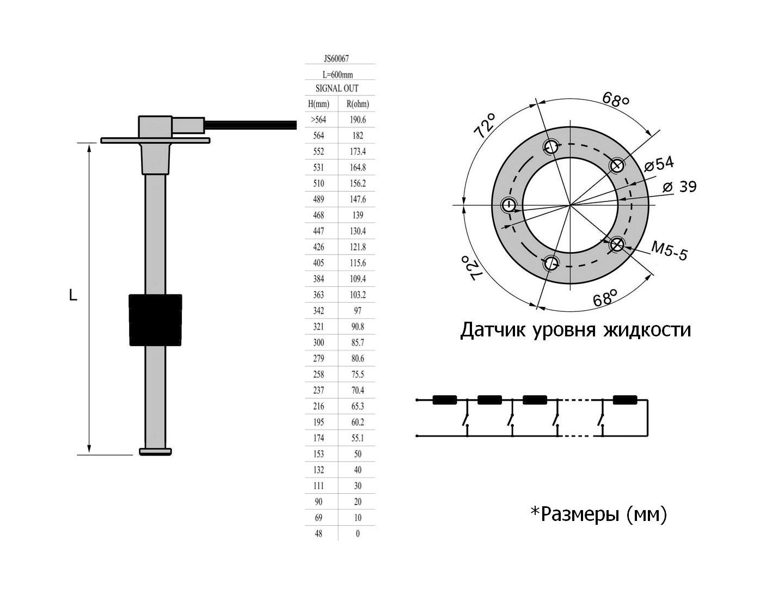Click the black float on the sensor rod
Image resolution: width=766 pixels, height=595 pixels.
155,320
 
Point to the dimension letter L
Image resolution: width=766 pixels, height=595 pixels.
73,296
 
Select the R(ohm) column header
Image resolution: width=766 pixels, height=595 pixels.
357,104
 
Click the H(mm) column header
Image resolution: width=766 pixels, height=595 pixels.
318,104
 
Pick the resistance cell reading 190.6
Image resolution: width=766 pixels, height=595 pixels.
357,120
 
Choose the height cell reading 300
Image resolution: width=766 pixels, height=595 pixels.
318,342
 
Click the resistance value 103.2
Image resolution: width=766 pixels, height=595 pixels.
357,295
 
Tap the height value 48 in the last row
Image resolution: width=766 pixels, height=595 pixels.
318,533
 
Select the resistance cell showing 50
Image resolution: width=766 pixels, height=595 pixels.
357,453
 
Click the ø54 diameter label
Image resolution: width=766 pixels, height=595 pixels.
659,163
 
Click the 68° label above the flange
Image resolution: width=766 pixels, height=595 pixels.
616,100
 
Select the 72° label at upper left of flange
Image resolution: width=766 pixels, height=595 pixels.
485,126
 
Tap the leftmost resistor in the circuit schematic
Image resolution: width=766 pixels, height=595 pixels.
444,400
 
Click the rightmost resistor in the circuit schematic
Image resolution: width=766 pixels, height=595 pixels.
625,400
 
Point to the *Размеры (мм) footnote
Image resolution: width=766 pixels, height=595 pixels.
598,513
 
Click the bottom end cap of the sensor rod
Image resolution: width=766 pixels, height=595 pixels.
156,451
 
